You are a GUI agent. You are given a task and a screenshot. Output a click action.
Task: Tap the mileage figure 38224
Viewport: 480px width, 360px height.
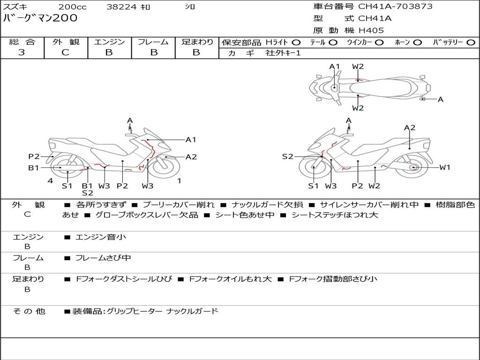[x=120, y=7]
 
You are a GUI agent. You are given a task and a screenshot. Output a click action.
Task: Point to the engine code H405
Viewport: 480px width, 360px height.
[x=371, y=30]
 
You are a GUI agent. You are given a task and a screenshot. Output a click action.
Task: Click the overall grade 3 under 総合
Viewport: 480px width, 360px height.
[x=22, y=52]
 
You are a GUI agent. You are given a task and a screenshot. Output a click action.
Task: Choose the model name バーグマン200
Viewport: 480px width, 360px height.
[x=40, y=18]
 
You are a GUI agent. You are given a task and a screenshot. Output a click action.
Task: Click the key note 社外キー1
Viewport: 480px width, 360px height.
[x=283, y=53]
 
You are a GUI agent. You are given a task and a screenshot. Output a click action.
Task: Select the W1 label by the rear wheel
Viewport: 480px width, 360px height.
[x=444, y=167]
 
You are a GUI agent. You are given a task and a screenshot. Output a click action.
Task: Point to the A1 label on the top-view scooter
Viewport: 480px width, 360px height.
[x=334, y=67]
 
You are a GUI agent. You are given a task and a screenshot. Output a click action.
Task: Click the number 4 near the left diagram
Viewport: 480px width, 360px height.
[x=50, y=181]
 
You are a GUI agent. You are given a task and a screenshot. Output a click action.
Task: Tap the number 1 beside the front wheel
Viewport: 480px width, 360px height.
[x=179, y=181]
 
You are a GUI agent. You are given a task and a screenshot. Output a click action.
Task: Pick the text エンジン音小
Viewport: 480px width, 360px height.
[x=101, y=237]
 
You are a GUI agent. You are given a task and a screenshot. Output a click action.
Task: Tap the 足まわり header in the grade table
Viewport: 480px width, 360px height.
[x=197, y=42]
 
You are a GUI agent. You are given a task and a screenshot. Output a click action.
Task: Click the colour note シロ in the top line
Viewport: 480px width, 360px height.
[x=190, y=7]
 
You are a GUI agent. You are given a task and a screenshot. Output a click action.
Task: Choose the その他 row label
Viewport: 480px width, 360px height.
[x=29, y=311]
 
